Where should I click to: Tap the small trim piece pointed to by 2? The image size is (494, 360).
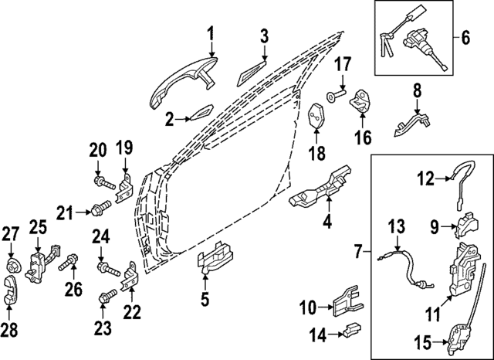point(201,112)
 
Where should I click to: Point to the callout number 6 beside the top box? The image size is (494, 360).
point(465,37)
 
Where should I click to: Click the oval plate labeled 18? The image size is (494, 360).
point(316,117)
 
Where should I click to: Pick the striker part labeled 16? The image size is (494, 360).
point(360,100)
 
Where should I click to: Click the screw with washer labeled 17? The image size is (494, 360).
point(337,96)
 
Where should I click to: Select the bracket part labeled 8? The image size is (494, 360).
point(411,124)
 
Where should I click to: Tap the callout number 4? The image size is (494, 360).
point(327,220)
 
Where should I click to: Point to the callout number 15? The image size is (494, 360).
point(422,343)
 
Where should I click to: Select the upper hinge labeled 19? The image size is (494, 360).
point(124,188)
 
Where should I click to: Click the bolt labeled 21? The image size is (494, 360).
point(101,209)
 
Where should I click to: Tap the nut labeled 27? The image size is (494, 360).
point(14,266)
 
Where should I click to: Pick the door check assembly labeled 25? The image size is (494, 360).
point(42,263)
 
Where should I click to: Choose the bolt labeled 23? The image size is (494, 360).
point(107,297)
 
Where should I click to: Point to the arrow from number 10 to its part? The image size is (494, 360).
point(325,307)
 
